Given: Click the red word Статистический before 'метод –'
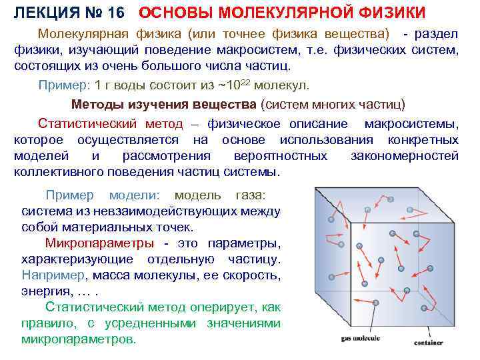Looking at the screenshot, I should tap(87, 123).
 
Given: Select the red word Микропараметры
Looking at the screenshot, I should tap(99, 243).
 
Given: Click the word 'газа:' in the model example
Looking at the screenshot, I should tap(250, 195).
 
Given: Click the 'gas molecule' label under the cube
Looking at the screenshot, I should tap(361, 339).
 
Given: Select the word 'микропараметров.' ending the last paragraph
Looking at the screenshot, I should tap(79, 339).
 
